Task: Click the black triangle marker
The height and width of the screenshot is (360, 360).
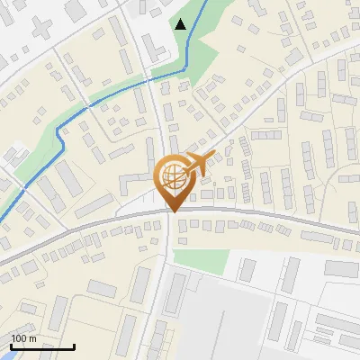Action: pos(181,24)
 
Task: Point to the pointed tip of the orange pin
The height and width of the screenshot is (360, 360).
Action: pos(173,211)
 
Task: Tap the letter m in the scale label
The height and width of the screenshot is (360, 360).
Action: pos(33,338)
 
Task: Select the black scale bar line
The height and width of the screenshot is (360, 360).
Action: pos(42,346)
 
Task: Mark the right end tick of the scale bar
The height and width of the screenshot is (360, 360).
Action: pos(74,345)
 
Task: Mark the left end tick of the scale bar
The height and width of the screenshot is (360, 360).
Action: pos(11,345)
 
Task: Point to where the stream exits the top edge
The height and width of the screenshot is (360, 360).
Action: pos(206,2)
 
